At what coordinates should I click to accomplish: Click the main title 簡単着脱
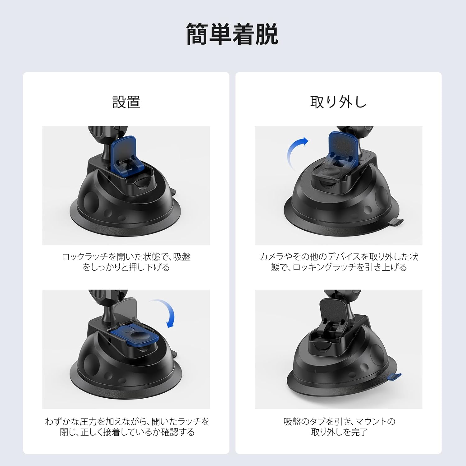click(232, 34)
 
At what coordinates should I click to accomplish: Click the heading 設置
click(126, 102)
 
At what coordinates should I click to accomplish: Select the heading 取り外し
click(338, 102)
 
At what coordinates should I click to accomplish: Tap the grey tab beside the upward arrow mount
click(395, 222)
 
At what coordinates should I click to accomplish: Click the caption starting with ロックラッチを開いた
click(126, 262)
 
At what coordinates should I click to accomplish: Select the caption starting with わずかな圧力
click(127, 427)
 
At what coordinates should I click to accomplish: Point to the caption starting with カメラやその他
click(339, 262)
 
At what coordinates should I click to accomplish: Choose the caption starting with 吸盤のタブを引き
click(339, 427)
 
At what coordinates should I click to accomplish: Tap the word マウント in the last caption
click(371, 422)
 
